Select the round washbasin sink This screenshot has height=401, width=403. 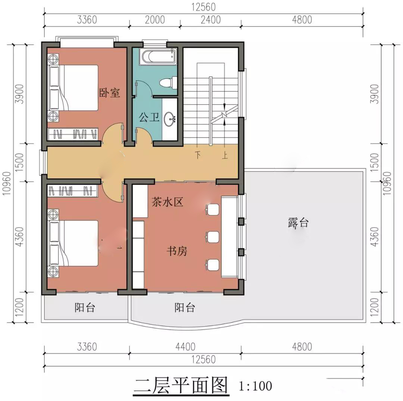click(x=169, y=119)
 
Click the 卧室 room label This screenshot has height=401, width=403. click(x=110, y=93)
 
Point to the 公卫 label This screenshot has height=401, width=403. click(x=149, y=117)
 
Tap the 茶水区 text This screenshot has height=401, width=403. click(x=167, y=202)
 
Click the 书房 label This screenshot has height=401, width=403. click(x=177, y=251)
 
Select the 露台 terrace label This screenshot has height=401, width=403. click(x=298, y=223)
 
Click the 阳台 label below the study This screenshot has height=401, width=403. click(x=185, y=307)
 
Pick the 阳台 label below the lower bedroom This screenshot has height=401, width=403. click(x=85, y=307)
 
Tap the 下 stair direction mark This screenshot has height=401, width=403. click(x=198, y=155)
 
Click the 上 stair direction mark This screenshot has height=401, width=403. click(x=225, y=155)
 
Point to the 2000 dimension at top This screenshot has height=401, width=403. click(x=155, y=20)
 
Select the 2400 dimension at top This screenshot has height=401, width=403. click(x=211, y=20)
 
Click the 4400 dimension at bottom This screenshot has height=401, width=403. click(x=185, y=347)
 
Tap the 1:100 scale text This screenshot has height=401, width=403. click(x=255, y=386)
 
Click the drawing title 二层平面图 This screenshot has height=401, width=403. click(x=181, y=385)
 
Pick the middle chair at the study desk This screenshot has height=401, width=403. click(x=212, y=237)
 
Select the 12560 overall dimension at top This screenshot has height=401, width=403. click(x=203, y=7)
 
